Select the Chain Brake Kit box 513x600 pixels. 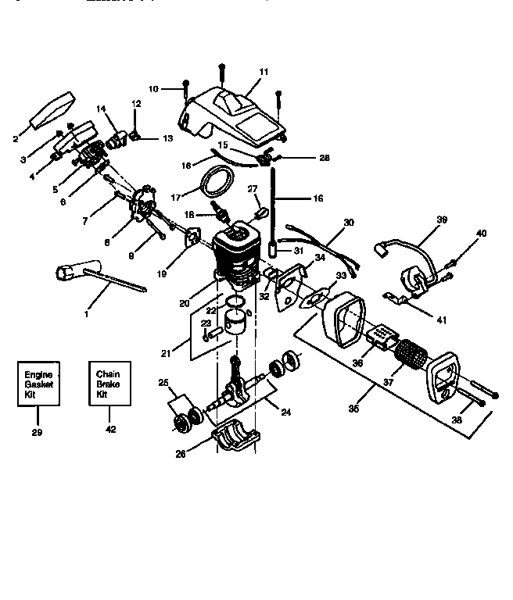pyautogui.click(x=110, y=383)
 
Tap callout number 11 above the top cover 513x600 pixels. pyautogui.click(x=264, y=72)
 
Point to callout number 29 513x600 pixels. pyautogui.click(x=37, y=431)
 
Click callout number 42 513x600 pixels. pyautogui.click(x=110, y=429)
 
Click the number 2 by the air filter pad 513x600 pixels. pyautogui.click(x=16, y=139)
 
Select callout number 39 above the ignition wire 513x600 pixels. pyautogui.click(x=442, y=220)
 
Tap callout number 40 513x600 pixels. pyautogui.click(x=481, y=233)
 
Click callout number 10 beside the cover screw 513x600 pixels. pyautogui.click(x=152, y=90)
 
